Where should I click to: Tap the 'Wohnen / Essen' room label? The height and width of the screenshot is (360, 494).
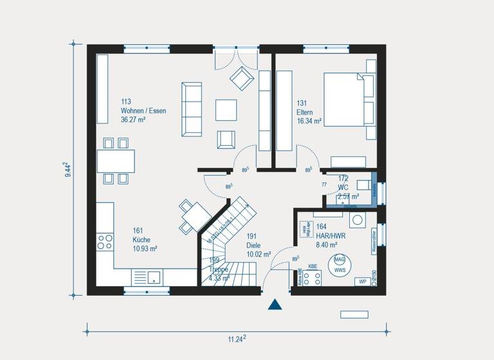coord(143,111)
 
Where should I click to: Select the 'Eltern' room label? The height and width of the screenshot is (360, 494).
coord(306,112)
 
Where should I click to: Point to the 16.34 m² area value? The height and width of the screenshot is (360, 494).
coord(309,120)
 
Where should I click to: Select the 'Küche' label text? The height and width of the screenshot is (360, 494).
coord(123,239)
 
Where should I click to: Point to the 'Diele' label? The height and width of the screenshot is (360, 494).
coord(253,245)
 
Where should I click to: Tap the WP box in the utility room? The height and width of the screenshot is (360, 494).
coord(363,282)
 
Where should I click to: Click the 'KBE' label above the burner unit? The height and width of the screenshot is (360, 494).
coord(313,266)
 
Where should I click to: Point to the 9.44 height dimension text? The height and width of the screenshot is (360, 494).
coord(68,171)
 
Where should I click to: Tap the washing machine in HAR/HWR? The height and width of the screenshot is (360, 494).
coord(357,219)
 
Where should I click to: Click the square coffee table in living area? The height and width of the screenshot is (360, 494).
coord(226,109)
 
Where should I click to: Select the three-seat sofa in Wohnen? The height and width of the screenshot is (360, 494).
coord(191,108)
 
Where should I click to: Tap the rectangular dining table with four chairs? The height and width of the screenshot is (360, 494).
coord(116,159)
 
